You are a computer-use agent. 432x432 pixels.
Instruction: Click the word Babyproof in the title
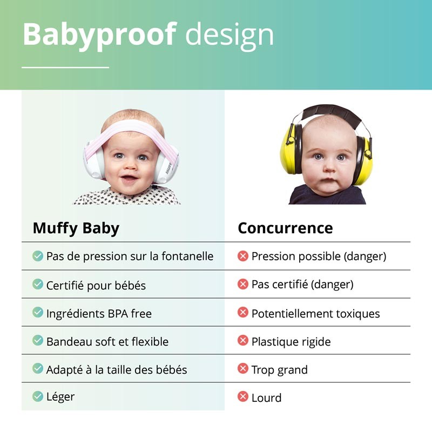click(x=99, y=35)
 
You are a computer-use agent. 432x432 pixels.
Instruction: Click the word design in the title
click(x=230, y=36)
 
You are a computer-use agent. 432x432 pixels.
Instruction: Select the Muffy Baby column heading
click(x=76, y=228)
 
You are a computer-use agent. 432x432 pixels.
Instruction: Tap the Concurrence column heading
click(x=286, y=228)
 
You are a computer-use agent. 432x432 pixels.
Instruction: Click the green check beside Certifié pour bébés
click(x=37, y=284)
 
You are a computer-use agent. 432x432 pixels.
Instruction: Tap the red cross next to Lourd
click(x=242, y=396)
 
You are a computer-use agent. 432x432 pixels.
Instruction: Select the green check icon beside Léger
click(x=37, y=396)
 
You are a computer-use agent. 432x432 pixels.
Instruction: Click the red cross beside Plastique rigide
click(x=242, y=340)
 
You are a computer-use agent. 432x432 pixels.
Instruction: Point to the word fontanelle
click(x=187, y=256)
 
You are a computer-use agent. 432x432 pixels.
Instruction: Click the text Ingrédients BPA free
click(x=99, y=314)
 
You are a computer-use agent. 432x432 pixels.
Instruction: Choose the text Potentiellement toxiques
click(x=316, y=314)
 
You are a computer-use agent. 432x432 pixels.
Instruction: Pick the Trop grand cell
click(x=279, y=370)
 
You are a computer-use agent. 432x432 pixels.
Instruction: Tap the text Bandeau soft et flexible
click(x=107, y=342)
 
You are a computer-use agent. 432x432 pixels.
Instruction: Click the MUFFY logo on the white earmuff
click(x=168, y=168)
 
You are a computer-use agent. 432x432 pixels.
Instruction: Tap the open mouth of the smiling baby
click(x=129, y=179)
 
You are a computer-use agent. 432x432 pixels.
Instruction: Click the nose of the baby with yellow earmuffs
click(x=329, y=167)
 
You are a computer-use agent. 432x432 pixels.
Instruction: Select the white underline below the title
click(x=65, y=67)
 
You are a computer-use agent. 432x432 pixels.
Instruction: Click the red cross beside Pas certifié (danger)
click(x=242, y=284)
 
